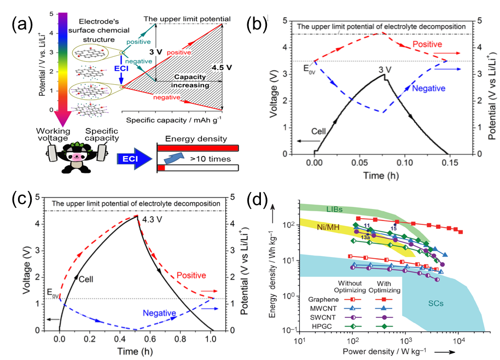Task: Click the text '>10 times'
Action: point(206,159)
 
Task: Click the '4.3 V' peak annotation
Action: point(153,220)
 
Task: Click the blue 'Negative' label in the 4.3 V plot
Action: point(159,313)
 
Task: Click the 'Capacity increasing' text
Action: point(193,82)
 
